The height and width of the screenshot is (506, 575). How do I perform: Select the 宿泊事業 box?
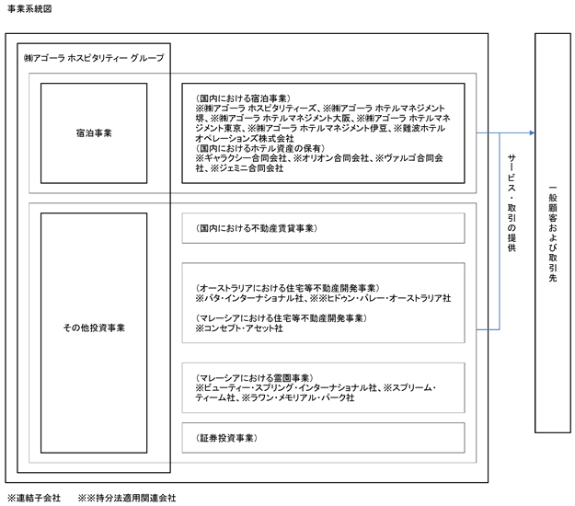click(94, 132)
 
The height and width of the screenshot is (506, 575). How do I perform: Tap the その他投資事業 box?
click(94, 327)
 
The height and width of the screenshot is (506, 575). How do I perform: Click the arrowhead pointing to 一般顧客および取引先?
click(531, 132)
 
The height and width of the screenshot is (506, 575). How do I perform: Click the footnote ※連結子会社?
click(33, 498)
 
